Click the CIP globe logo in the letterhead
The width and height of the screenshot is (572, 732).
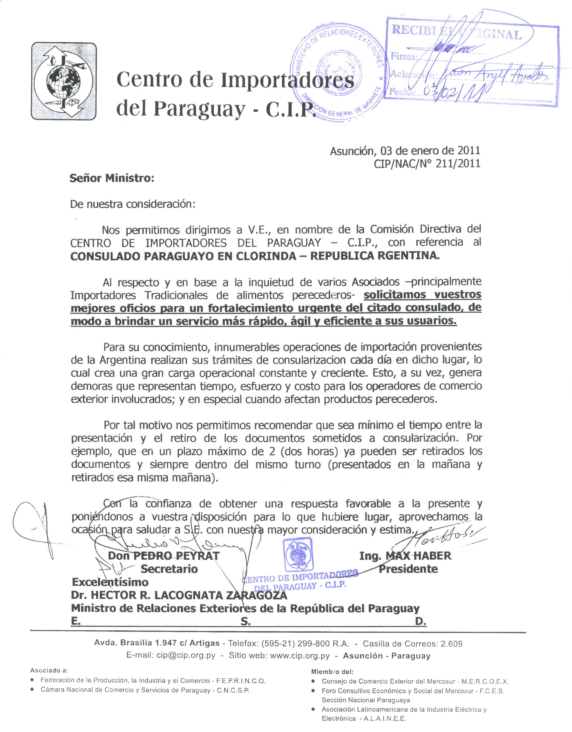point(64,81)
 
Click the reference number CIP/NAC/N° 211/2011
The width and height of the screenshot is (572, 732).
point(427,164)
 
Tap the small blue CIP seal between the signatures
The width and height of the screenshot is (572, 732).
point(298,555)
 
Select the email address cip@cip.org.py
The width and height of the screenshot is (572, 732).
point(186,655)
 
